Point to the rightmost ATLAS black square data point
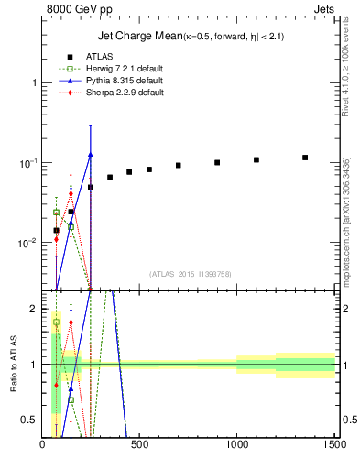coord(305,158)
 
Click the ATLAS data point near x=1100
coord(256,159)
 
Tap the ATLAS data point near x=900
coord(217,162)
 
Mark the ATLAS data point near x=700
coord(179,166)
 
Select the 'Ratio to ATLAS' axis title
coord(12,365)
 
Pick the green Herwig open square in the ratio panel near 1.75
coord(56,322)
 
